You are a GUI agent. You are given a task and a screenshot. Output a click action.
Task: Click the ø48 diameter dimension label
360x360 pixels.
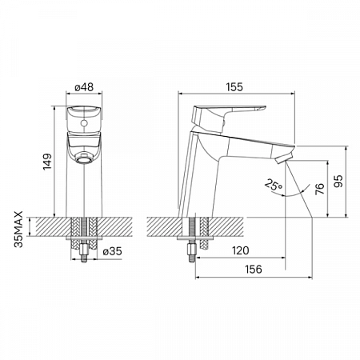[x=84, y=87]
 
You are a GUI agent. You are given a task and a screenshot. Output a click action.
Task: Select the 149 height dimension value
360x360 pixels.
[x=47, y=162]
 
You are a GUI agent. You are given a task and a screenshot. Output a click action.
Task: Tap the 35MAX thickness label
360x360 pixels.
[x=19, y=230]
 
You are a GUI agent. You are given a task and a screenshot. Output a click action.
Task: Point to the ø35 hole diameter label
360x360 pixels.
[x=112, y=251]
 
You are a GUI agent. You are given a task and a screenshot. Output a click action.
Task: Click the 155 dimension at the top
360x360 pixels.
[x=234, y=87]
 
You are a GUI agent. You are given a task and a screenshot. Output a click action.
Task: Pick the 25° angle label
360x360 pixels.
[x=273, y=185]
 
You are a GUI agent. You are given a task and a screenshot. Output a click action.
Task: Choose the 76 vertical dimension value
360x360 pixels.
[x=319, y=189]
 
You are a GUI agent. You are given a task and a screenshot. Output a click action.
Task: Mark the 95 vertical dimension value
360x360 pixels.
[x=338, y=181]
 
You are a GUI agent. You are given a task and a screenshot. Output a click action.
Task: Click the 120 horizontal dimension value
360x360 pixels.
[x=241, y=250]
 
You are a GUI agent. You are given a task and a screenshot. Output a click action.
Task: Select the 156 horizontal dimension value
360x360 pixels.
[x=254, y=270]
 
